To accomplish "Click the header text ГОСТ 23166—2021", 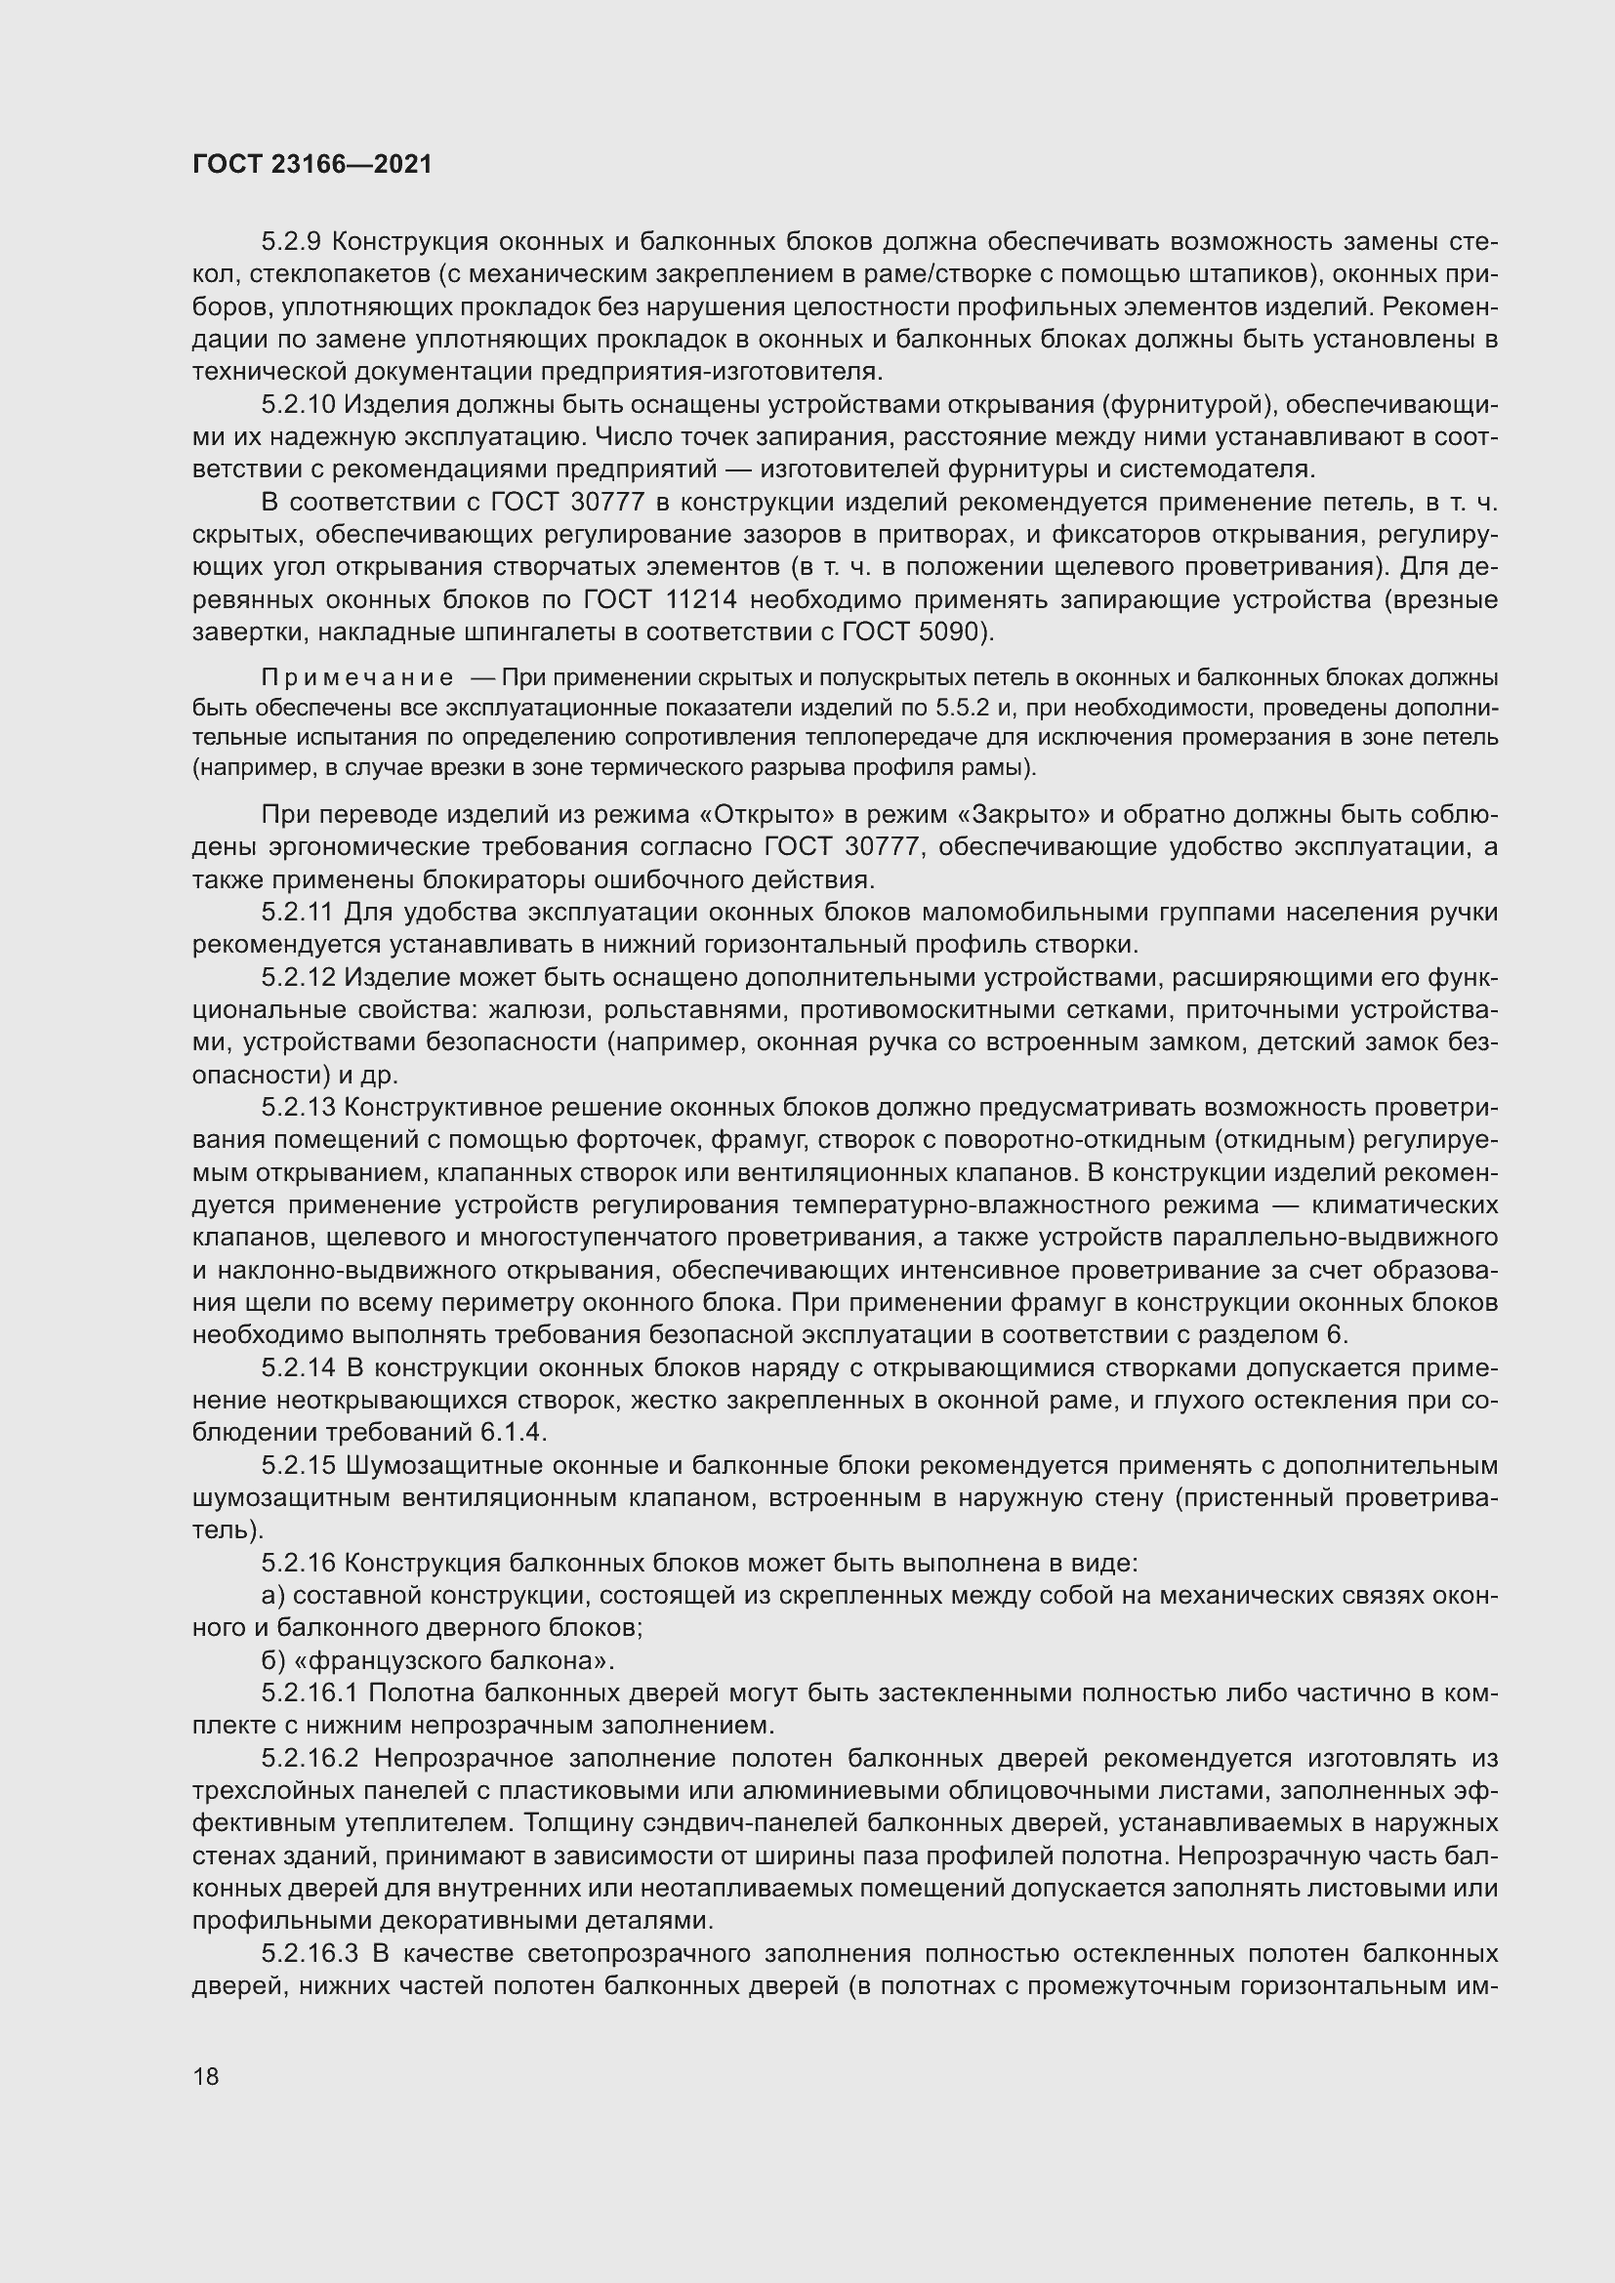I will (312, 164).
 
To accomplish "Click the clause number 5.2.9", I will (292, 242).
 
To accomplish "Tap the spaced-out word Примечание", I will (357, 678).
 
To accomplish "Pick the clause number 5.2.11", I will (299, 912).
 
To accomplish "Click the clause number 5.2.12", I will (300, 977).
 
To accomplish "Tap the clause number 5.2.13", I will (300, 1108).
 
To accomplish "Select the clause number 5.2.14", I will (300, 1368).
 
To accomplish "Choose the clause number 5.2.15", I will (300, 1466).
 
